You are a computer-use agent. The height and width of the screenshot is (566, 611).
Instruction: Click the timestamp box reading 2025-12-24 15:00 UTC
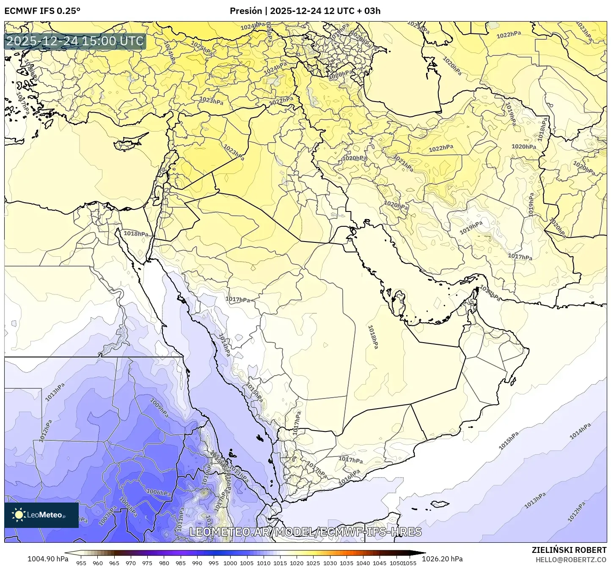tap(75, 41)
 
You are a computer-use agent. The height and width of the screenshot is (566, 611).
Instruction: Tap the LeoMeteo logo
tap(41, 515)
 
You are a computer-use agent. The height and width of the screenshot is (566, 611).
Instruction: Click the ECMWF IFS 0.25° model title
tap(42, 11)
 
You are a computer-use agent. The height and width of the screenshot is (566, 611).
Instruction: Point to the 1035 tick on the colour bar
tap(347, 563)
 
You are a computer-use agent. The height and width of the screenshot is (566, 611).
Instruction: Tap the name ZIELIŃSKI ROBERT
tap(569, 550)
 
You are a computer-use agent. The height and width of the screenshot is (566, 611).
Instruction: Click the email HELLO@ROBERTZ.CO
tap(571, 559)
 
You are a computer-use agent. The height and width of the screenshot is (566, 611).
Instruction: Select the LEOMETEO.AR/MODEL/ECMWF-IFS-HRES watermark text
tap(305, 532)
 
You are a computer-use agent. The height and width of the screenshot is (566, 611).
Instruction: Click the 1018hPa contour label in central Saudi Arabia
tap(373, 337)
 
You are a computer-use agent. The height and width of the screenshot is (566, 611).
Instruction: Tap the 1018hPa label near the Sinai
tap(136, 234)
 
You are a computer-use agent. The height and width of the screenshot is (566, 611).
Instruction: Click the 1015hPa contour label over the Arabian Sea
tap(508, 441)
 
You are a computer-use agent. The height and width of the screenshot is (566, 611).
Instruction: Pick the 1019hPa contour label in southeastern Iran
tap(471, 228)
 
